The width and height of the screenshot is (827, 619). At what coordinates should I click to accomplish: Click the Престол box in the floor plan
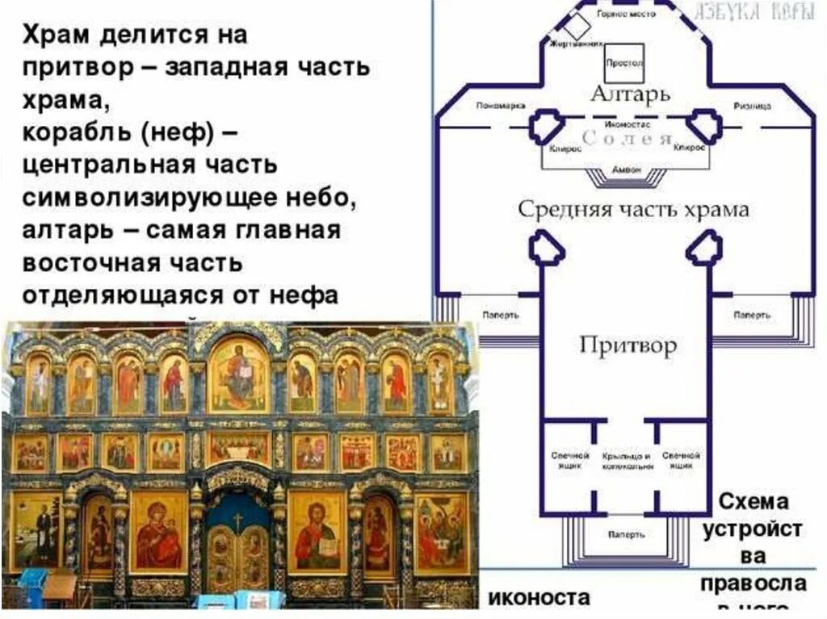pos(623,61)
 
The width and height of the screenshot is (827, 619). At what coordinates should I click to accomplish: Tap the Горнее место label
pos(625,15)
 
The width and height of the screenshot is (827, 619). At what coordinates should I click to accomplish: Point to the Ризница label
pos(753,106)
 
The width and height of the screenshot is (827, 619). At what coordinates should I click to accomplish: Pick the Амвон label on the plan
pos(627,170)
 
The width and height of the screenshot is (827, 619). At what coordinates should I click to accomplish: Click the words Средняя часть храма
pos(633,210)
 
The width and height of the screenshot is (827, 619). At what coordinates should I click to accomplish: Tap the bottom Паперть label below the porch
pos(626,533)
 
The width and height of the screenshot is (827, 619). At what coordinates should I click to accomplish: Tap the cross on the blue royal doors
pos(237,521)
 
